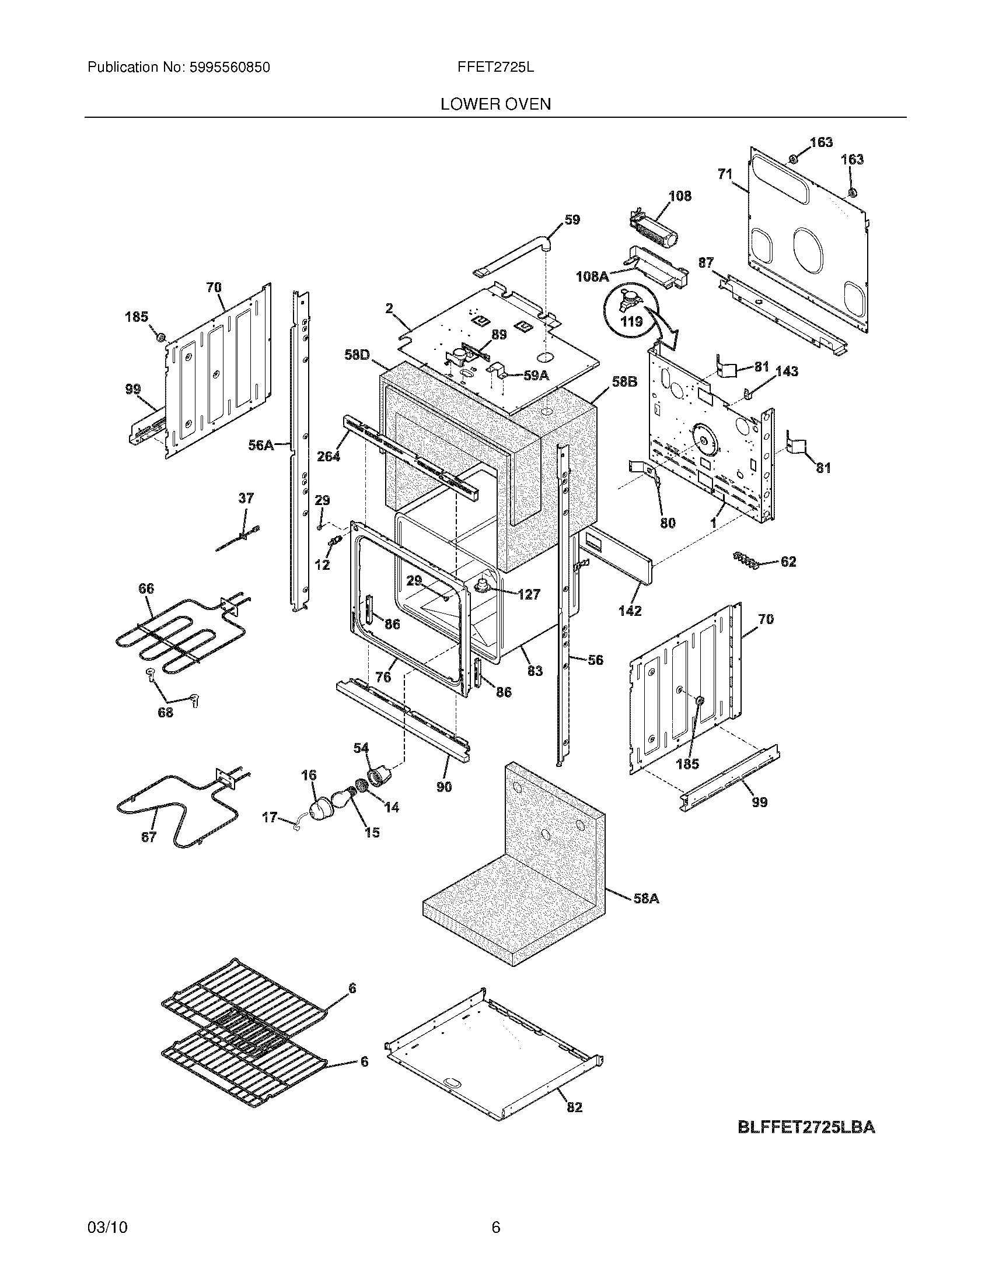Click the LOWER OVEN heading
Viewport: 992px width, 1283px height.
coord(495,104)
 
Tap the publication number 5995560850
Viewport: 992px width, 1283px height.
coord(230,68)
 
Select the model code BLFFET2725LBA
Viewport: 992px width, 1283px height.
coord(806,1127)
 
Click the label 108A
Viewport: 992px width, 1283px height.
coord(592,275)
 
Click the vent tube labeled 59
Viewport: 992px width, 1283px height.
coord(511,256)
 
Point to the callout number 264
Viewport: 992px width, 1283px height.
coord(329,456)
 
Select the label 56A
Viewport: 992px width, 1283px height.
coord(261,446)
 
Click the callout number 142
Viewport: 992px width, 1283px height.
coord(630,611)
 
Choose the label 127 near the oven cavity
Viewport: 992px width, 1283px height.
coord(529,594)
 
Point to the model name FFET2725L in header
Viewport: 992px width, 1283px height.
coord(495,68)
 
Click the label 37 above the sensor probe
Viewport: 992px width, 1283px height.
coord(246,498)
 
